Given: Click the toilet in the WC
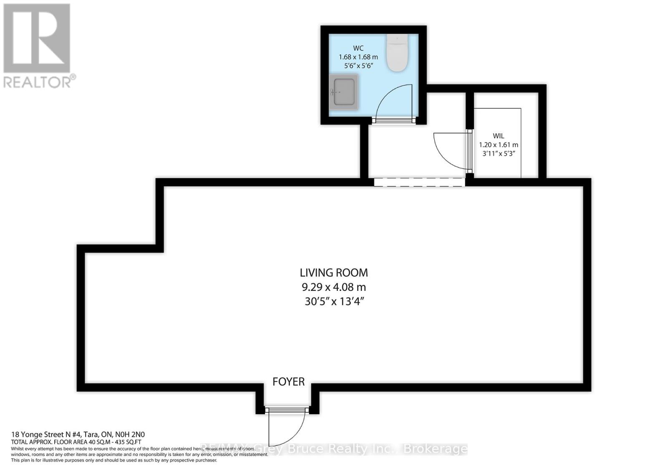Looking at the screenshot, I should point(397,53).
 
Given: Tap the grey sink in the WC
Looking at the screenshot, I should point(344,92).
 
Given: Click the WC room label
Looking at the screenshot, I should point(358,48).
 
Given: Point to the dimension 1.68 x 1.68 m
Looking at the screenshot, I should point(358,57).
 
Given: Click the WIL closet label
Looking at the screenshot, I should point(498,136).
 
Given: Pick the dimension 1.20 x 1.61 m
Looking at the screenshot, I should point(498,145).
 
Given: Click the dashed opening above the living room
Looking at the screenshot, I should point(419,182).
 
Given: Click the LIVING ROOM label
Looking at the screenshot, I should point(334,273).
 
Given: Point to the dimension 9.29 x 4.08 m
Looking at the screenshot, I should point(334,287).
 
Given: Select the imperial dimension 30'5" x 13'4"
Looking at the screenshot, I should point(334,301).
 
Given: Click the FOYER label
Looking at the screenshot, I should point(288,381).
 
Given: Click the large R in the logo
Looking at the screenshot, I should point(37,38).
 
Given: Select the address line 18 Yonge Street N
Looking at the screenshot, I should point(78,435).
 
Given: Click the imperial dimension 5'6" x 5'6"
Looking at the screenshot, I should point(358,66).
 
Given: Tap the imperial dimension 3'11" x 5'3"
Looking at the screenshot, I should point(498,153).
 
